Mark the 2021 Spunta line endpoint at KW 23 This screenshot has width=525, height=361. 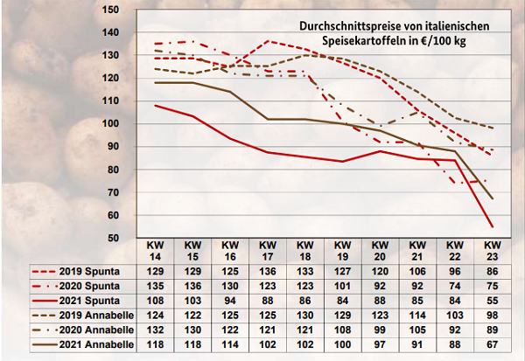point(492,226)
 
